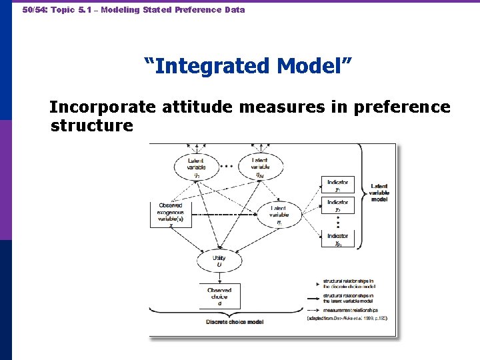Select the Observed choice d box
(x=219, y=296)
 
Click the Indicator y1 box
(x=338, y=185)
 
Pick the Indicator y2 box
(x=338, y=205)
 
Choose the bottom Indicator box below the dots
(x=338, y=239)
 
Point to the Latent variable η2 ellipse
(x=196, y=166)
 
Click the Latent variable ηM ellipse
(x=261, y=166)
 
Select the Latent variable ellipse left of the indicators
(x=279, y=214)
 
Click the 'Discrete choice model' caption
(x=234, y=322)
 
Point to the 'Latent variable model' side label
(x=379, y=192)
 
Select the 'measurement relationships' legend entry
(x=350, y=310)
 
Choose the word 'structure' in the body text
(x=91, y=125)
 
